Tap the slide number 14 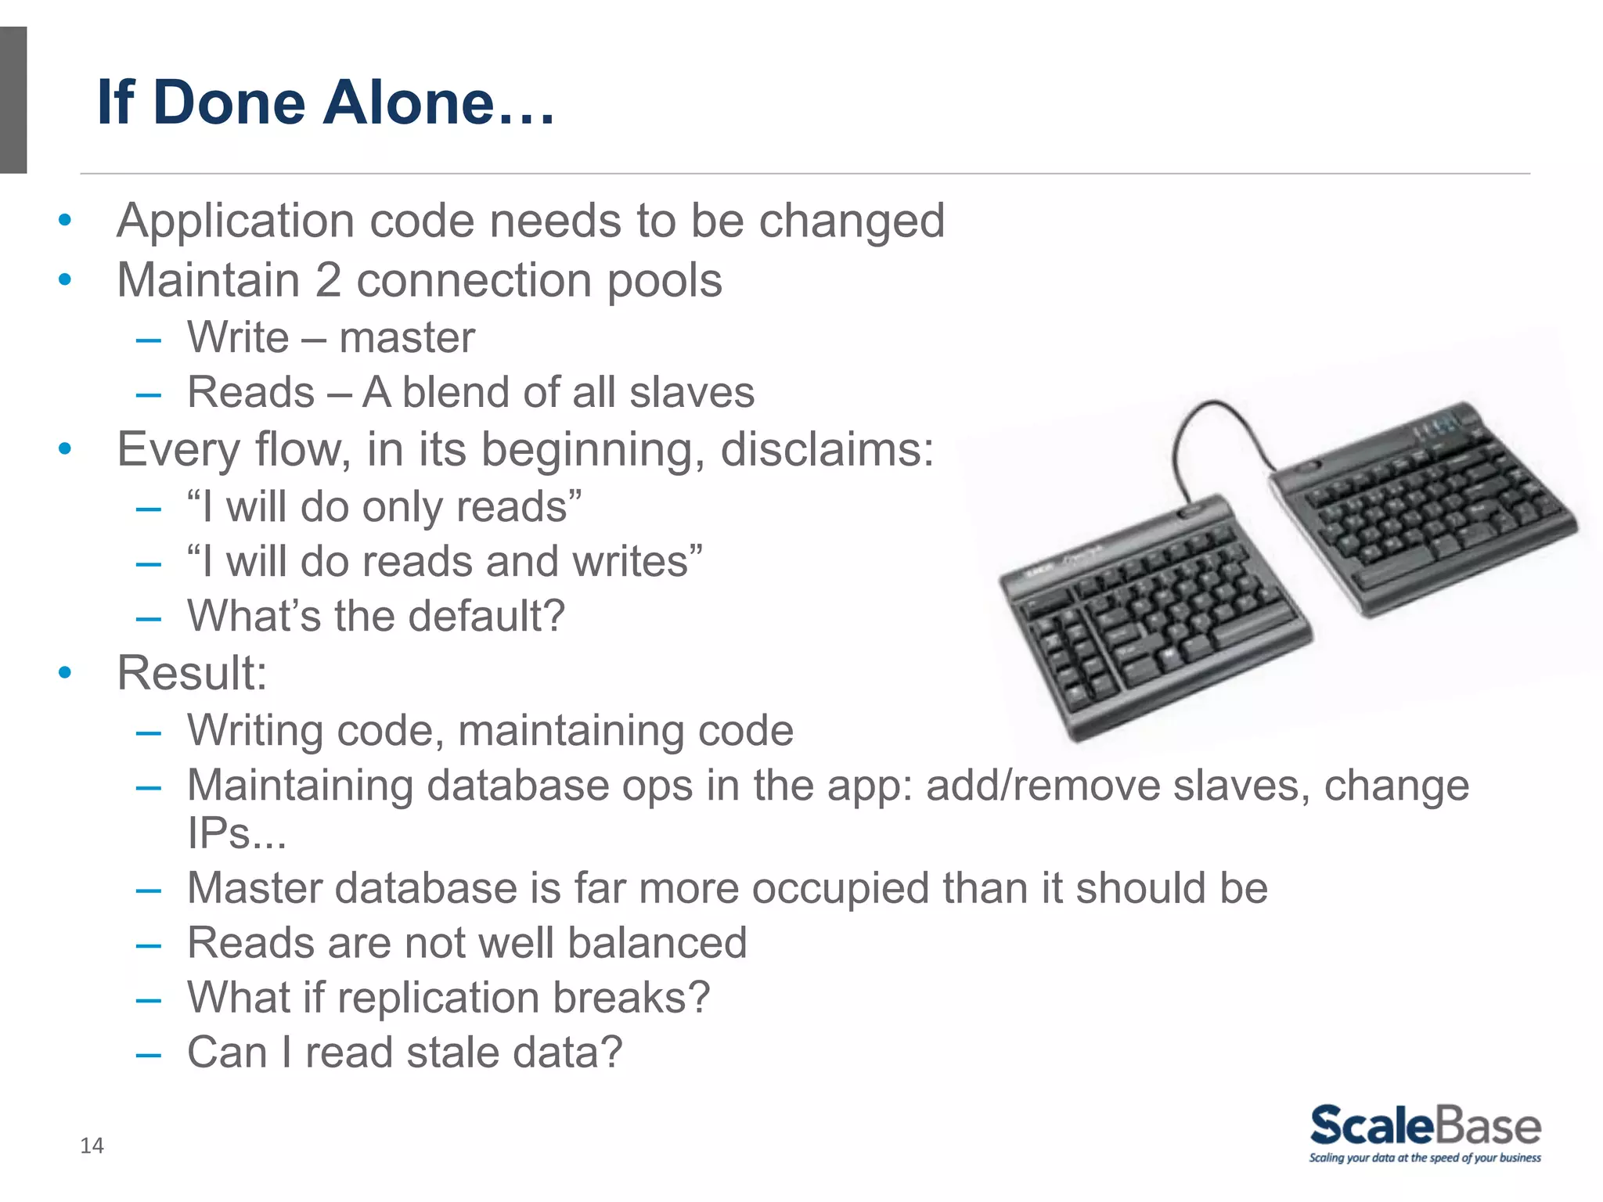point(92,1146)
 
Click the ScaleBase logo point(1425,1126)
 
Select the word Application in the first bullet point(236,221)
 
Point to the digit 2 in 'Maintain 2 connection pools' point(328,280)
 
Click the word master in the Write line point(407,338)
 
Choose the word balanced point(657,943)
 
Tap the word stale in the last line point(452,1053)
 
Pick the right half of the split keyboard point(1417,509)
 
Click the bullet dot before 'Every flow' point(65,449)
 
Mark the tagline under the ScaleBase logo point(1425,1158)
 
